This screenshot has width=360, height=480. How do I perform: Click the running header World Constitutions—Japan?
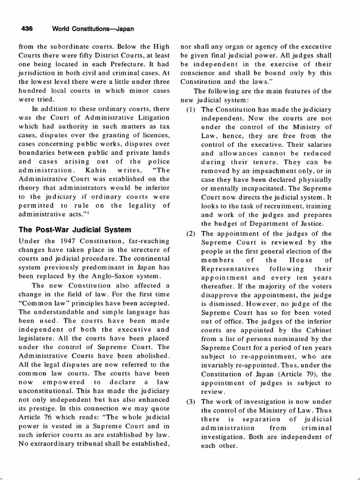(93, 29)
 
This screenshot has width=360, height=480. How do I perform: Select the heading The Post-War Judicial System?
(75, 230)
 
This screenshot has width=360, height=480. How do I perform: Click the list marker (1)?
(191, 109)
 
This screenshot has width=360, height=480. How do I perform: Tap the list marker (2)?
(191, 233)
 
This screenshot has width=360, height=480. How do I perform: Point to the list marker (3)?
(191, 401)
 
